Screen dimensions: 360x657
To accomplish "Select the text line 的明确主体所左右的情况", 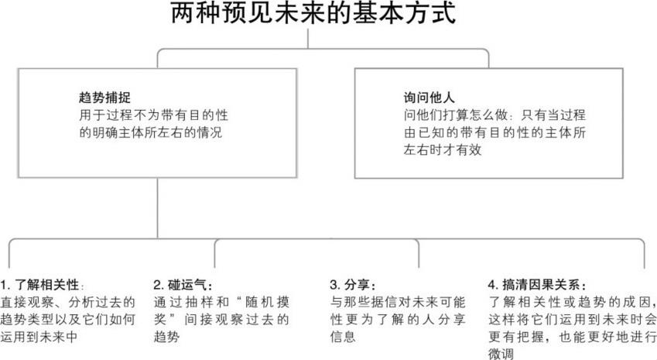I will pos(146,132).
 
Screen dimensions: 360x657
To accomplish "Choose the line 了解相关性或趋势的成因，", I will pos(573,302).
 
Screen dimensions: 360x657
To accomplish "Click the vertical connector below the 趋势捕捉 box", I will pos(157,209).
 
